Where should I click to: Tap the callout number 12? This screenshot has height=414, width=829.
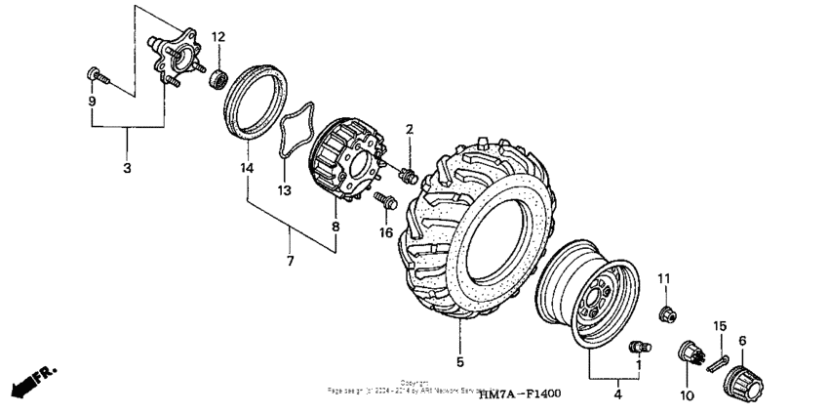pyautogui.click(x=218, y=37)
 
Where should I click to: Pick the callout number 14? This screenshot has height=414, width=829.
pyautogui.click(x=247, y=168)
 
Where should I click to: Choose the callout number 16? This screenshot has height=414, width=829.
pyautogui.click(x=385, y=233)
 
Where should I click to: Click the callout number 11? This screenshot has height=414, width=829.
pyautogui.click(x=665, y=280)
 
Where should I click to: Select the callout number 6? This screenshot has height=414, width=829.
pyautogui.click(x=743, y=340)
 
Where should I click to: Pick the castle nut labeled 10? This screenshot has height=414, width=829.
pyautogui.click(x=691, y=354)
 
